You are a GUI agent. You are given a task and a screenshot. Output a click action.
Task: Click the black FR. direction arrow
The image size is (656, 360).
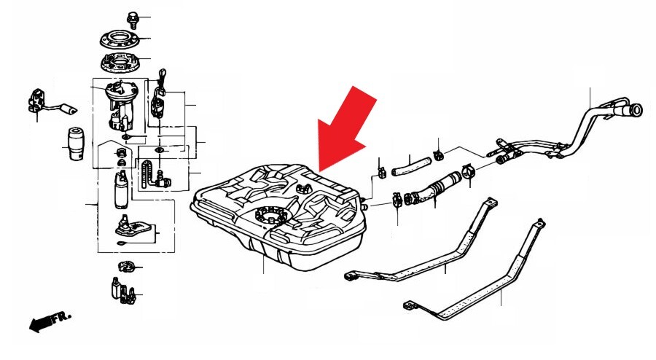[42, 322]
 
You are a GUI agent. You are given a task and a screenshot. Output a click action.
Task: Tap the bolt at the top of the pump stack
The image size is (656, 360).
[132, 19]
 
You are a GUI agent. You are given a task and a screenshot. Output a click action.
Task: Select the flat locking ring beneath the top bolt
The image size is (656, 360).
[120, 39]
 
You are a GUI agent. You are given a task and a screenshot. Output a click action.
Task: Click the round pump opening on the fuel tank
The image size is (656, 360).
[270, 215]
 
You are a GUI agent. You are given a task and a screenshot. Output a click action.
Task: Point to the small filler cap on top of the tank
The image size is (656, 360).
[302, 188]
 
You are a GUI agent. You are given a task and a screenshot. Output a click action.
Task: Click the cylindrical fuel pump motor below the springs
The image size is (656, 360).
[121, 190]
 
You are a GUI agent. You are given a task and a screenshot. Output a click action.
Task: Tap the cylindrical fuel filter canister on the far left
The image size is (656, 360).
[76, 144]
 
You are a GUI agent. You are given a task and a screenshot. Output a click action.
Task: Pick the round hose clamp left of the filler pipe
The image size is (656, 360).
[468, 171]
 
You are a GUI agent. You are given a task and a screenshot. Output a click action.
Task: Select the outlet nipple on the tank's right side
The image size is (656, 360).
[365, 206]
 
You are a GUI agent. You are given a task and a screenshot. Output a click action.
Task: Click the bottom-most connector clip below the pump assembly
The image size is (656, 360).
[123, 290]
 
